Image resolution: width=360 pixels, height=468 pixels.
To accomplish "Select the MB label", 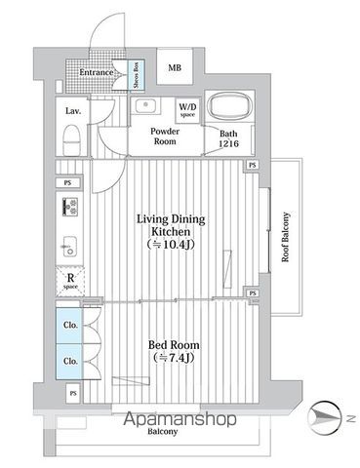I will (174, 68).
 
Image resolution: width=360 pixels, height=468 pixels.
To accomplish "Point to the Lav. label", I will (73, 110).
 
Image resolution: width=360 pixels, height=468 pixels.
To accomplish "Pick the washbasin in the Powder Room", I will (148, 105).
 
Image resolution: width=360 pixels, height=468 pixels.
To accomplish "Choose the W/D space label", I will (187, 110).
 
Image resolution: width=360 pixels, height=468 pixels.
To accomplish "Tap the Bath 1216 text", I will (227, 139).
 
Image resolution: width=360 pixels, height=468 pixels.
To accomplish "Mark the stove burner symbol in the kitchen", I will (70, 206).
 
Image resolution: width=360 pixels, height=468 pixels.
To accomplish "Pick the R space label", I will (70, 280).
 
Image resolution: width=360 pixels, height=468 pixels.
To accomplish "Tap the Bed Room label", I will (163, 346).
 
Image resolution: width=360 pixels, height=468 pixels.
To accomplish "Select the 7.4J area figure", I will (163, 360).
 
